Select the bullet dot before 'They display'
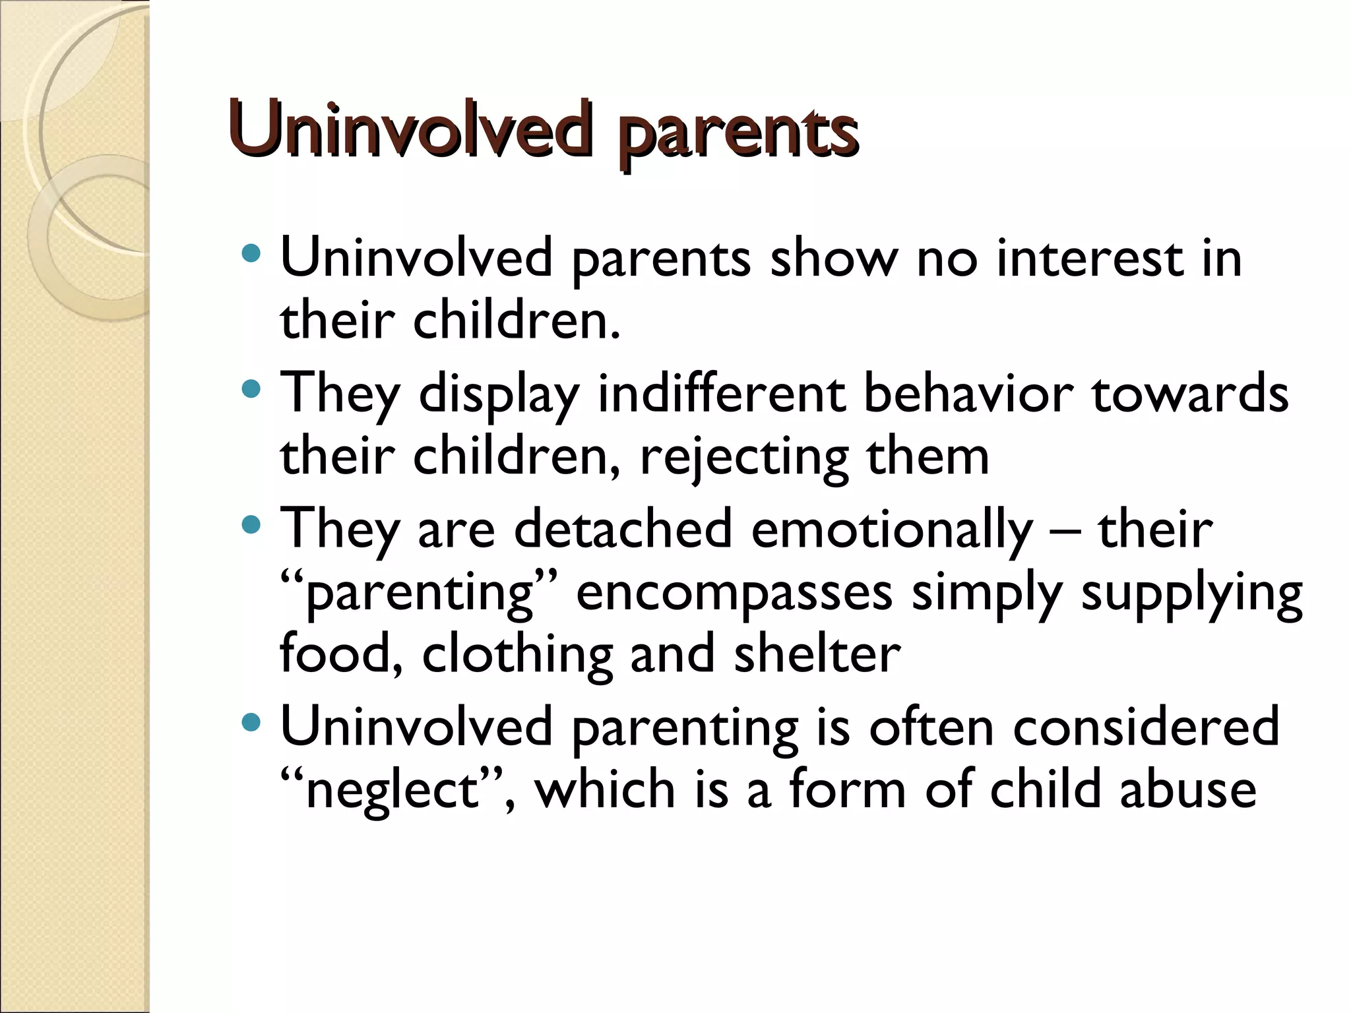coord(251,389)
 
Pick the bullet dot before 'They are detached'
coord(251,525)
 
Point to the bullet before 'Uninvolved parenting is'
coord(251,723)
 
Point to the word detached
coord(623,529)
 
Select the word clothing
coord(517,656)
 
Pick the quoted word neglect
coord(392,790)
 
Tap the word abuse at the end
coord(1188,789)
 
